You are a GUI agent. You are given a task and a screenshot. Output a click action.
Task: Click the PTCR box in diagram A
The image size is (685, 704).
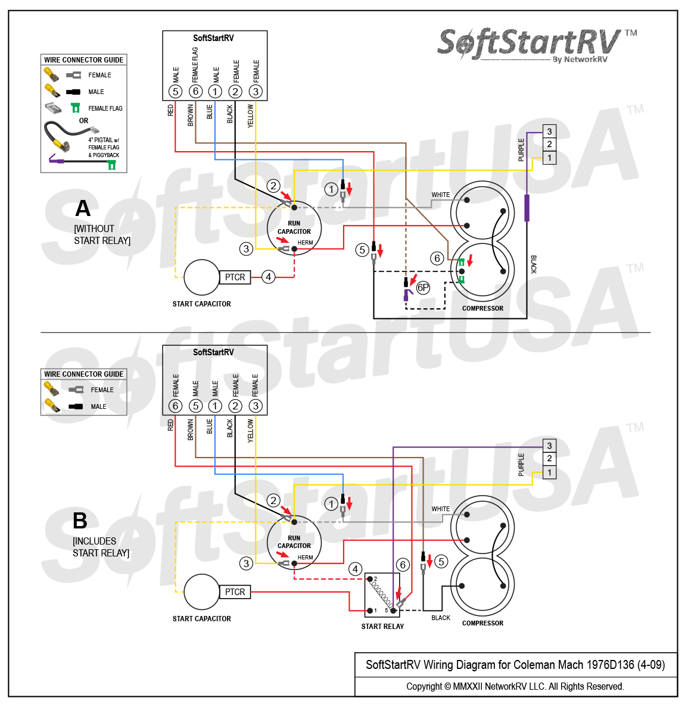pyautogui.click(x=235, y=277)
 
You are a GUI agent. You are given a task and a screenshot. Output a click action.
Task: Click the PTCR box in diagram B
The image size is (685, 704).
pyautogui.click(x=235, y=592)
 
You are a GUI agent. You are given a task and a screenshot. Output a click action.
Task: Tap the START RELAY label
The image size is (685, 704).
pyautogui.click(x=382, y=627)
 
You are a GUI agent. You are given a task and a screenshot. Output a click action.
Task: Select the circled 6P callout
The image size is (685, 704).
pyautogui.click(x=423, y=288)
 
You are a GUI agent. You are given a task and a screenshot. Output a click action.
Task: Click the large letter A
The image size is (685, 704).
pyautogui.click(x=83, y=209)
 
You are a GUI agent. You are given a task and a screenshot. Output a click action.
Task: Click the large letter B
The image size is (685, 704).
pyautogui.click(x=80, y=521)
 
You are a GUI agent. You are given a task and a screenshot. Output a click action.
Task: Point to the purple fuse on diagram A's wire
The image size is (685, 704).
pyautogui.click(x=527, y=208)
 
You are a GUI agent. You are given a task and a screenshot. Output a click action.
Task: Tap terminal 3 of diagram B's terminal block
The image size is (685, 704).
pyautogui.click(x=549, y=446)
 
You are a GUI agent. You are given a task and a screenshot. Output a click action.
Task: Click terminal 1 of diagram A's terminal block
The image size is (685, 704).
pyautogui.click(x=549, y=158)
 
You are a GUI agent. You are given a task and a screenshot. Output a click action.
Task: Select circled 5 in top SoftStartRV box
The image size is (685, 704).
pyautogui.click(x=175, y=92)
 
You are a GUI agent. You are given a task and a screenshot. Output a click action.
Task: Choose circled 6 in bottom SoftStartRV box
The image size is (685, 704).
pyautogui.click(x=175, y=406)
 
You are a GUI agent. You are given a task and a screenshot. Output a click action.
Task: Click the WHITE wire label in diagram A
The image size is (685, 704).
pyautogui.click(x=441, y=195)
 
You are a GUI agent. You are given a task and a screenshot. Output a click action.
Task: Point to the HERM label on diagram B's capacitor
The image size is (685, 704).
pyautogui.click(x=305, y=558)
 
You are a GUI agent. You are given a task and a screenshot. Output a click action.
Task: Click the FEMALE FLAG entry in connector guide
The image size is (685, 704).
pyautogui.click(x=105, y=108)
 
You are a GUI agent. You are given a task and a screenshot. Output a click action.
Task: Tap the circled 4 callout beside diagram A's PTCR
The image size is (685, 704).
pyautogui.click(x=269, y=277)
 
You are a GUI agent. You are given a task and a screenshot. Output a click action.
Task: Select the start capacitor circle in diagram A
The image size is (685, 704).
pyautogui.click(x=201, y=277)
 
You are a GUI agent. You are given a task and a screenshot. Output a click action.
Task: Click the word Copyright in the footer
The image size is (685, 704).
pyautogui.click(x=424, y=687)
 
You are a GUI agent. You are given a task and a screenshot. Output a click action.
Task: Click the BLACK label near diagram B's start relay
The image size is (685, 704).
pyautogui.click(x=441, y=618)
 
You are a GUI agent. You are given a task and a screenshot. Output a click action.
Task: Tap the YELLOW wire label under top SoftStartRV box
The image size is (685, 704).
pyautogui.click(x=251, y=115)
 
